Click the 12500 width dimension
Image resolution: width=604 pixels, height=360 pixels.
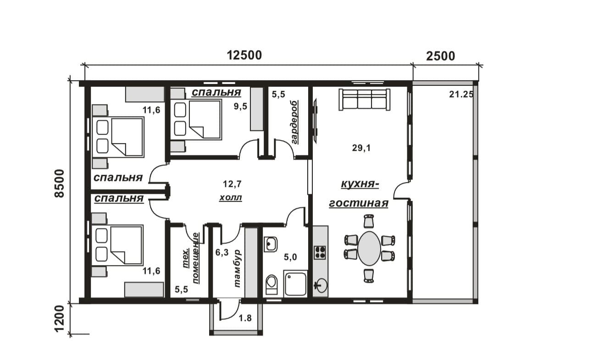244,55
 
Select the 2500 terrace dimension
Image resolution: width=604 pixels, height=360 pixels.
440,56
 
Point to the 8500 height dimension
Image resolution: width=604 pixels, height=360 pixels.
59,183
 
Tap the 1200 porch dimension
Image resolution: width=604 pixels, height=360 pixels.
59,318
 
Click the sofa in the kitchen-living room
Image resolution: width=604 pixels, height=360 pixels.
364,100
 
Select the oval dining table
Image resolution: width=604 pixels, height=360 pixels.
369,249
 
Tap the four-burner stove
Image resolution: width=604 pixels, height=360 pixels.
320,253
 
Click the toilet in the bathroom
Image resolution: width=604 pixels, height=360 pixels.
272,284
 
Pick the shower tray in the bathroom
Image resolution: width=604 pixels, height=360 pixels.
295,283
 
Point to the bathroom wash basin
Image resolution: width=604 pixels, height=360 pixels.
271,244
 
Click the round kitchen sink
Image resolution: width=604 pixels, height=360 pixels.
321,285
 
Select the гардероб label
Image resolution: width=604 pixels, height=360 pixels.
294,122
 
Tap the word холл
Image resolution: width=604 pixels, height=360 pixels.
231,198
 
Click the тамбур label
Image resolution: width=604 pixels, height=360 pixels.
237,269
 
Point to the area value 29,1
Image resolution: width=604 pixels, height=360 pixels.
361,148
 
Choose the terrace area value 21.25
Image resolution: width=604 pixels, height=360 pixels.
461,94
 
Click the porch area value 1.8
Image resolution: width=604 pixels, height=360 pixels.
245,318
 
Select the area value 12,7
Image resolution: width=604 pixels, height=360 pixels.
232,184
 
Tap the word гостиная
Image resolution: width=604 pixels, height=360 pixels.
359,203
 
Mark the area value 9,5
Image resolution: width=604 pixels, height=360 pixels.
240,106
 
